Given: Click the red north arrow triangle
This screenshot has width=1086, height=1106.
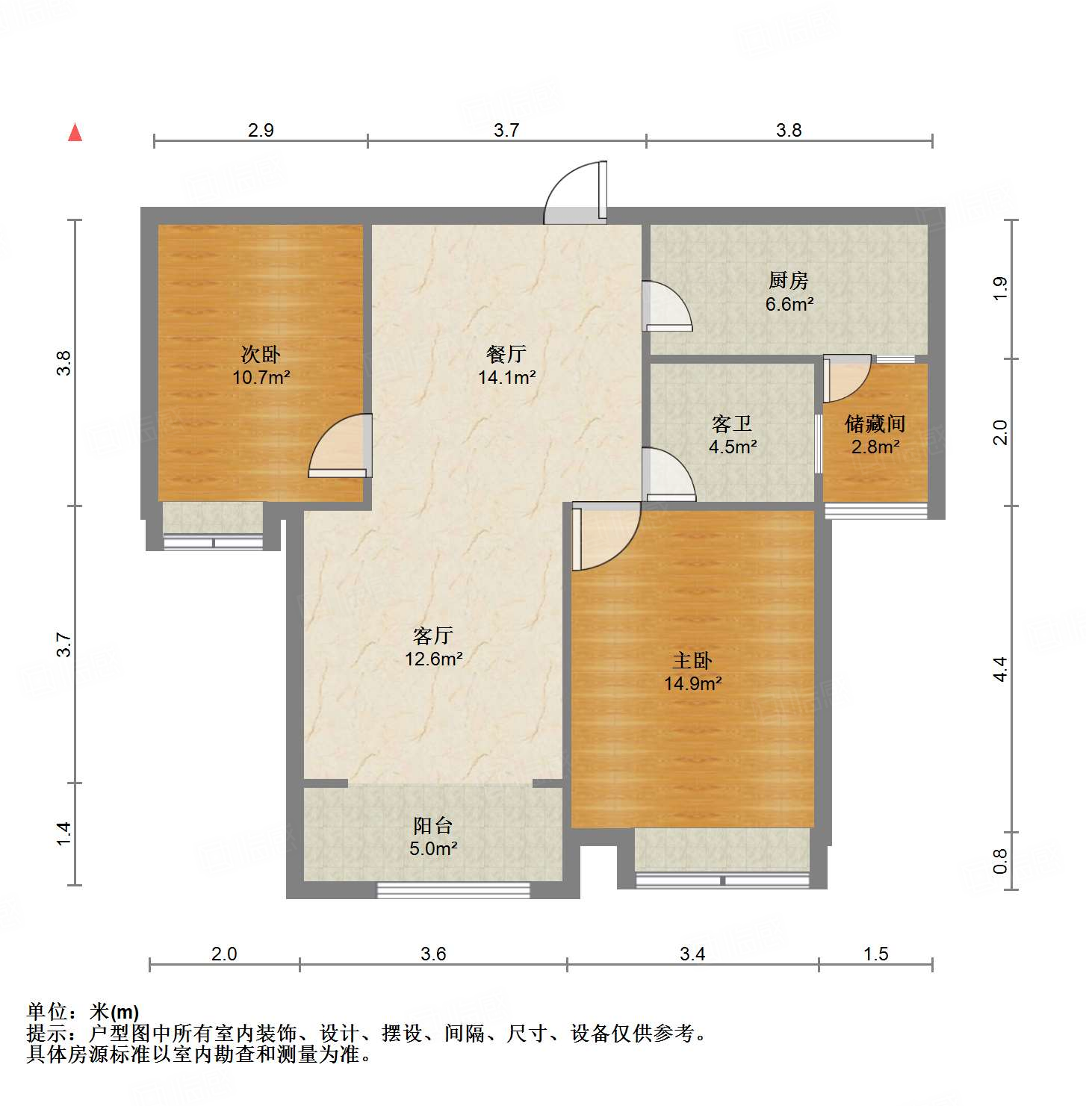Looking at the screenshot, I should pos(75,132).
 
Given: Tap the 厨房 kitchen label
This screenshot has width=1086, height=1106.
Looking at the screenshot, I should pos(788,281).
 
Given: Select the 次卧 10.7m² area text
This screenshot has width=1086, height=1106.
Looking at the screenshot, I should pos(261,377).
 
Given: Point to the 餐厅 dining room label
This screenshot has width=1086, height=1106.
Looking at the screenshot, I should pos(506,354).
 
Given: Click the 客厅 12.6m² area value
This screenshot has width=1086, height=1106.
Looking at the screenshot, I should pos(433,659).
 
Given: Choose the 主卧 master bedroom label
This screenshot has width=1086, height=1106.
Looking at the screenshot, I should pos(692,660).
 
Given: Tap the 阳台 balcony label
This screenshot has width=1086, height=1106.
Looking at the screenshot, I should pos(433,825).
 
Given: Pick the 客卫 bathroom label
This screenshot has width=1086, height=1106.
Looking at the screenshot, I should pos(732,424).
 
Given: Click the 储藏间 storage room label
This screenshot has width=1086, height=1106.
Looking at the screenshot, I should pos(875,424).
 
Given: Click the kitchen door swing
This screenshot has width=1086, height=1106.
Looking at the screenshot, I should pos(666,305).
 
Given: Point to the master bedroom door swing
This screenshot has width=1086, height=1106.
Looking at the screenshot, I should pos(604,537).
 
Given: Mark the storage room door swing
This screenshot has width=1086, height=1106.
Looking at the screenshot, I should pos(847,379).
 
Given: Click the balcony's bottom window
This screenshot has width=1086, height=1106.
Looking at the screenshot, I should pos(453,889).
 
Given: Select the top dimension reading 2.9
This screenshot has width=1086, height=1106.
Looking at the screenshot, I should pos(261,130).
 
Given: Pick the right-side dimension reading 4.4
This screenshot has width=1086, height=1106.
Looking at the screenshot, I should pos(1000,668).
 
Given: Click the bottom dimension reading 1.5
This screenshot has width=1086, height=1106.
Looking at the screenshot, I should pos(875,954).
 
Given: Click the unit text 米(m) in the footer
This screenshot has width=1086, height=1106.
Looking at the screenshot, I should pos(114,1012).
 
